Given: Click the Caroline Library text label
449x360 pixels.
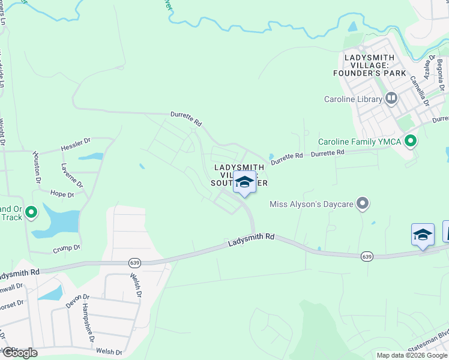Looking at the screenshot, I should pos(353,100).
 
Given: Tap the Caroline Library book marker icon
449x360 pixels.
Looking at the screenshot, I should pos(392,98).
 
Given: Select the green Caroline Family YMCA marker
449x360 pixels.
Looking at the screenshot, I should pos(411,142).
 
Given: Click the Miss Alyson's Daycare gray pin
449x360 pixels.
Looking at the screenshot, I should pos(362,204).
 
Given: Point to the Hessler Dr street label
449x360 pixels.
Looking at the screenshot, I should pos(75,145).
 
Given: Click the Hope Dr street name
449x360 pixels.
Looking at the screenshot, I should pos(62,194).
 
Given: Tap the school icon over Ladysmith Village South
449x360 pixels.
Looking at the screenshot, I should pos(244,181).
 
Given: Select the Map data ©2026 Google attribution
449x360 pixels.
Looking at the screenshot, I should pos(412,355).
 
